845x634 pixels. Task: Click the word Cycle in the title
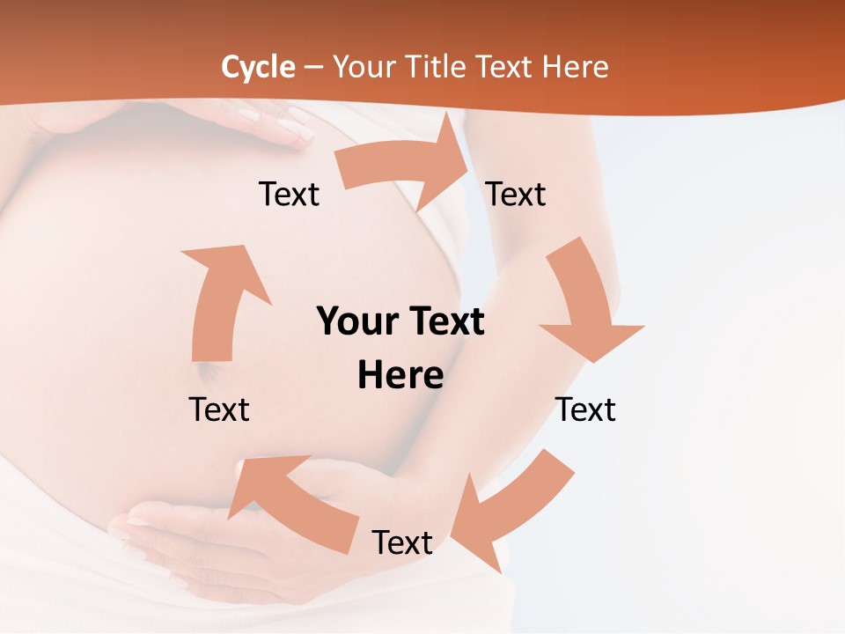click(258, 67)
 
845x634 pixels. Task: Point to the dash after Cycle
click(313, 68)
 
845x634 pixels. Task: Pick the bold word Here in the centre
click(400, 375)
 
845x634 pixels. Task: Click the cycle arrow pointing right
click(405, 165)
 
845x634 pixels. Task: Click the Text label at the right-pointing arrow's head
click(516, 194)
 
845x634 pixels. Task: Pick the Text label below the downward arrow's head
click(585, 409)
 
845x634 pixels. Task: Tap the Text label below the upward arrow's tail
click(219, 409)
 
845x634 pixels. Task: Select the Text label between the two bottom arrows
click(402, 542)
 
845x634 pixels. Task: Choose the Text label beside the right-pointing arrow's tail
click(289, 194)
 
